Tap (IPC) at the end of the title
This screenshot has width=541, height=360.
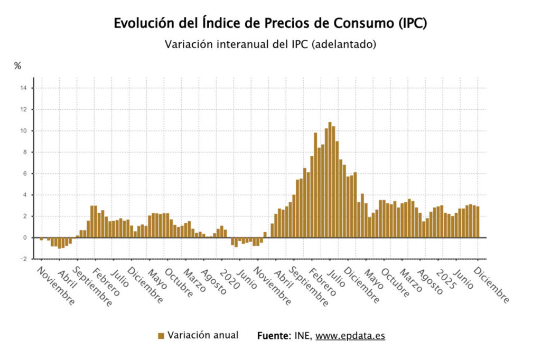click(410, 24)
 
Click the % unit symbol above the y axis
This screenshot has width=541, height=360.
click(17, 66)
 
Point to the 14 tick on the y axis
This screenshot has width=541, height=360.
click(23, 88)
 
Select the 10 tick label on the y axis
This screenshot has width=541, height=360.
click(23, 131)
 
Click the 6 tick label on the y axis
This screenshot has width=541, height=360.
click(24, 174)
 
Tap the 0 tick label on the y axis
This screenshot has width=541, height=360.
click(24, 238)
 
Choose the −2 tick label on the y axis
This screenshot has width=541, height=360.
click(23, 259)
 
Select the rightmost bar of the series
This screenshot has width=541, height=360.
click(478, 222)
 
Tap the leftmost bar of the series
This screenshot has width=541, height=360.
click(41, 239)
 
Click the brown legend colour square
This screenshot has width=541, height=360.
click(161, 336)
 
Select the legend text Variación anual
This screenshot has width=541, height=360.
click(203, 335)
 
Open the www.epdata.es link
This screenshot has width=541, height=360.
click(350, 336)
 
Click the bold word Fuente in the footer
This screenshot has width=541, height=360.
click(273, 336)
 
